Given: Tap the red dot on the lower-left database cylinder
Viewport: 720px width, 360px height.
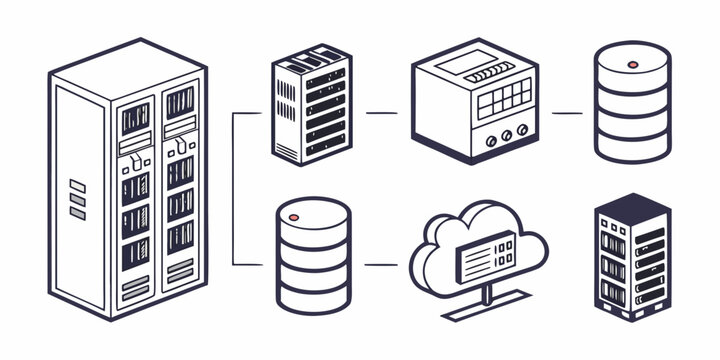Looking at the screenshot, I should [294, 216].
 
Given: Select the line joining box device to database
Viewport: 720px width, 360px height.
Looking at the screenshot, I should [566, 113].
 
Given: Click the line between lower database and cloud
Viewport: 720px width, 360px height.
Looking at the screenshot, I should [380, 264].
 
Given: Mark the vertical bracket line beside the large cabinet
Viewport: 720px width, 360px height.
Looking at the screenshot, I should [233, 190].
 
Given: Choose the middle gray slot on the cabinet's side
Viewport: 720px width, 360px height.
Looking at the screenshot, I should [78, 199].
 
